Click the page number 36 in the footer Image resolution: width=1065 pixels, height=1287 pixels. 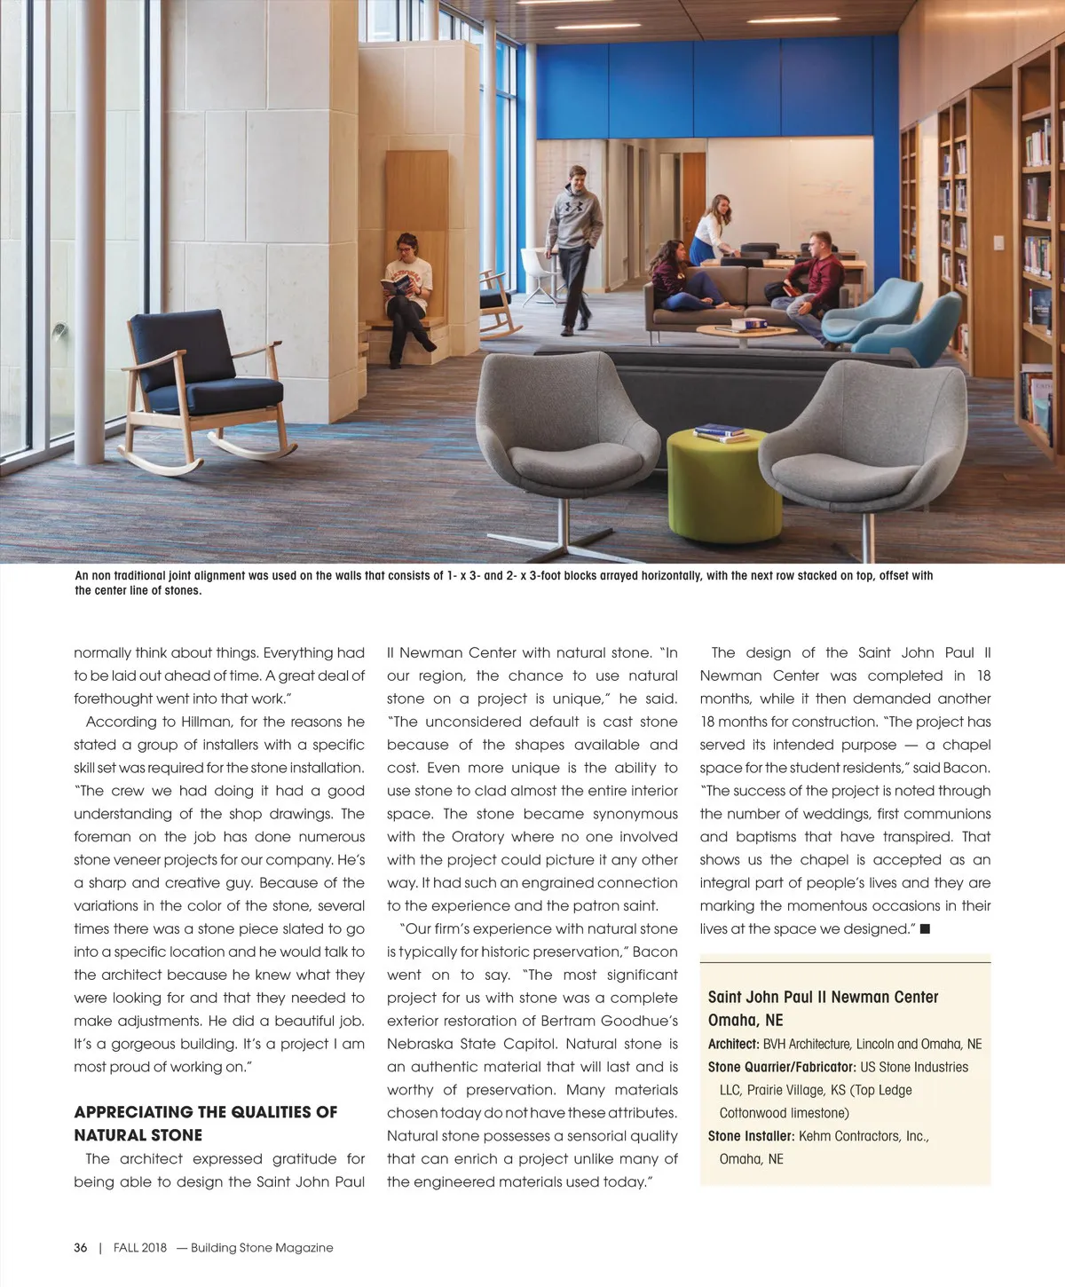tap(81, 1247)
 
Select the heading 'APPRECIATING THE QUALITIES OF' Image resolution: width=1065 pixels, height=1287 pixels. tap(206, 1112)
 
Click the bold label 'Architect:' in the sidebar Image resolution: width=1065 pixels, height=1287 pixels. tap(733, 1045)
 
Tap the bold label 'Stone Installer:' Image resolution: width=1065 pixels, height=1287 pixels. tap(751, 1136)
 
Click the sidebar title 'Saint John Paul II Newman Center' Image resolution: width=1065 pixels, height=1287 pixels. tap(823, 998)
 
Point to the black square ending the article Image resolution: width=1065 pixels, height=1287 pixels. tap(925, 928)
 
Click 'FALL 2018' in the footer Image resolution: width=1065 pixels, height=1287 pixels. tap(140, 1247)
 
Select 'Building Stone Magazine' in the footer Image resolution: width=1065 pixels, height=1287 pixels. tap(262, 1247)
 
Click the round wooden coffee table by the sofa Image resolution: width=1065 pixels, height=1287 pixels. tap(734, 332)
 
